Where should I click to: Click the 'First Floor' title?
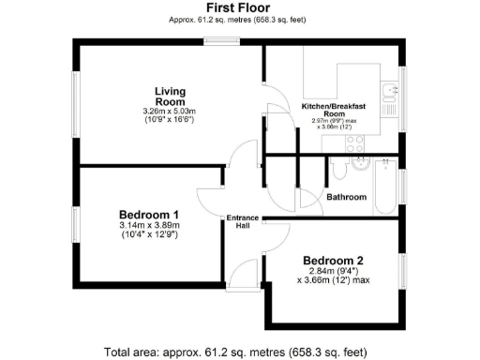[x=240, y=7]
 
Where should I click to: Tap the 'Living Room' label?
[x=170, y=97]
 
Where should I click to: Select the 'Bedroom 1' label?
[x=149, y=214]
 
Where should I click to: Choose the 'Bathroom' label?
[x=346, y=197]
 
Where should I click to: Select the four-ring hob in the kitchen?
[x=355, y=143]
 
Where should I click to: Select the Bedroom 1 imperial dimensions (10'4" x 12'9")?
[x=149, y=234]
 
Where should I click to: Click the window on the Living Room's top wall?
[x=222, y=39]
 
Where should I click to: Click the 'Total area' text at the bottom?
[x=240, y=352]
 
